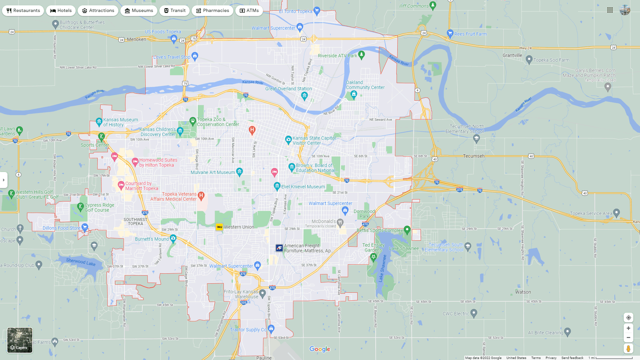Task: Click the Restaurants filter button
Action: (23, 11)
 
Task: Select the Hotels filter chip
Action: (61, 11)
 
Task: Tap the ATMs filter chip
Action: (249, 11)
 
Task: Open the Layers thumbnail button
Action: (20, 340)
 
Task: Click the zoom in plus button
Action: (628, 328)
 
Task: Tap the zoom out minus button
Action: (628, 338)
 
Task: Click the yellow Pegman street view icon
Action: (628, 349)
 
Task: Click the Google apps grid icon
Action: (610, 10)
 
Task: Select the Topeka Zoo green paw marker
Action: (193, 120)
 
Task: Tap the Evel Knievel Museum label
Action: (303, 187)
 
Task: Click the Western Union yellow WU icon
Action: (219, 227)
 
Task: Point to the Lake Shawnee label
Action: (404, 248)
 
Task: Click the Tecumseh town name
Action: (474, 156)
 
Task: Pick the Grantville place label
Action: (512, 55)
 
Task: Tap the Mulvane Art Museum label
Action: (213, 172)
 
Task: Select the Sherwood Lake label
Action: (81, 262)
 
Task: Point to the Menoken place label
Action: (136, 39)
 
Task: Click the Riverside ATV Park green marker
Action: (361, 54)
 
